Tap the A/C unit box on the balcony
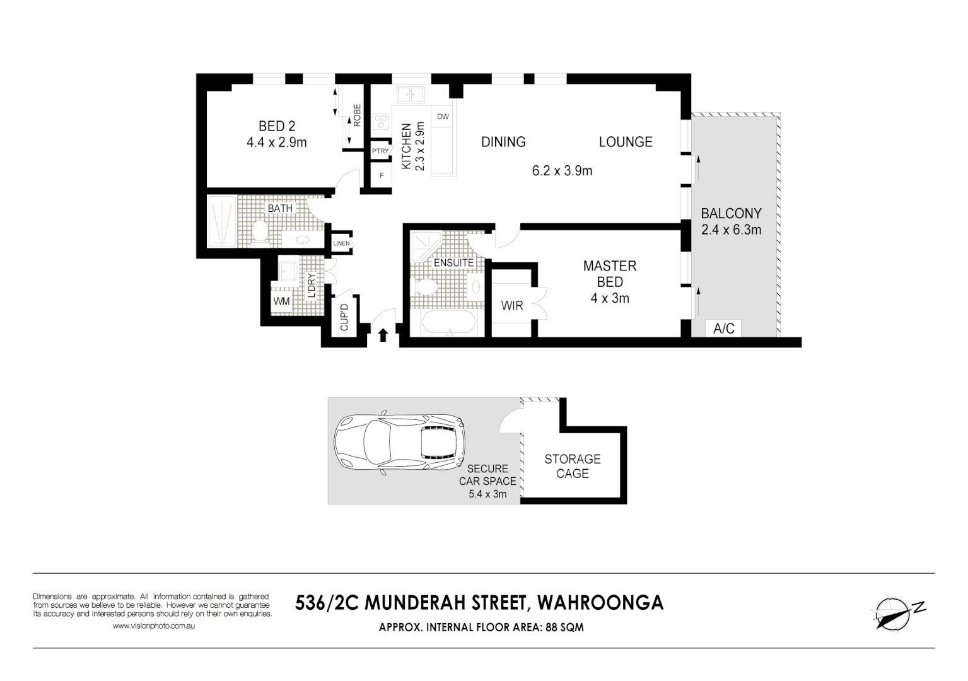tap(723, 329)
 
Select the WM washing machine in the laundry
tap(281, 301)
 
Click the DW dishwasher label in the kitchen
tap(443, 117)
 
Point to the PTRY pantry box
tap(380, 151)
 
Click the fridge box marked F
tap(381, 176)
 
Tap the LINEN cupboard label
tap(341, 243)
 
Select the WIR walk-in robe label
tap(512, 306)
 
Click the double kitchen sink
tap(410, 95)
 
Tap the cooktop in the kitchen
tap(381, 121)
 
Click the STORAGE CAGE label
tap(573, 466)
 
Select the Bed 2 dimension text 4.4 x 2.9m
tap(276, 143)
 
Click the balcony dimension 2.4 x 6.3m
tap(731, 230)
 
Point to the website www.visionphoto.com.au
tap(153, 626)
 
